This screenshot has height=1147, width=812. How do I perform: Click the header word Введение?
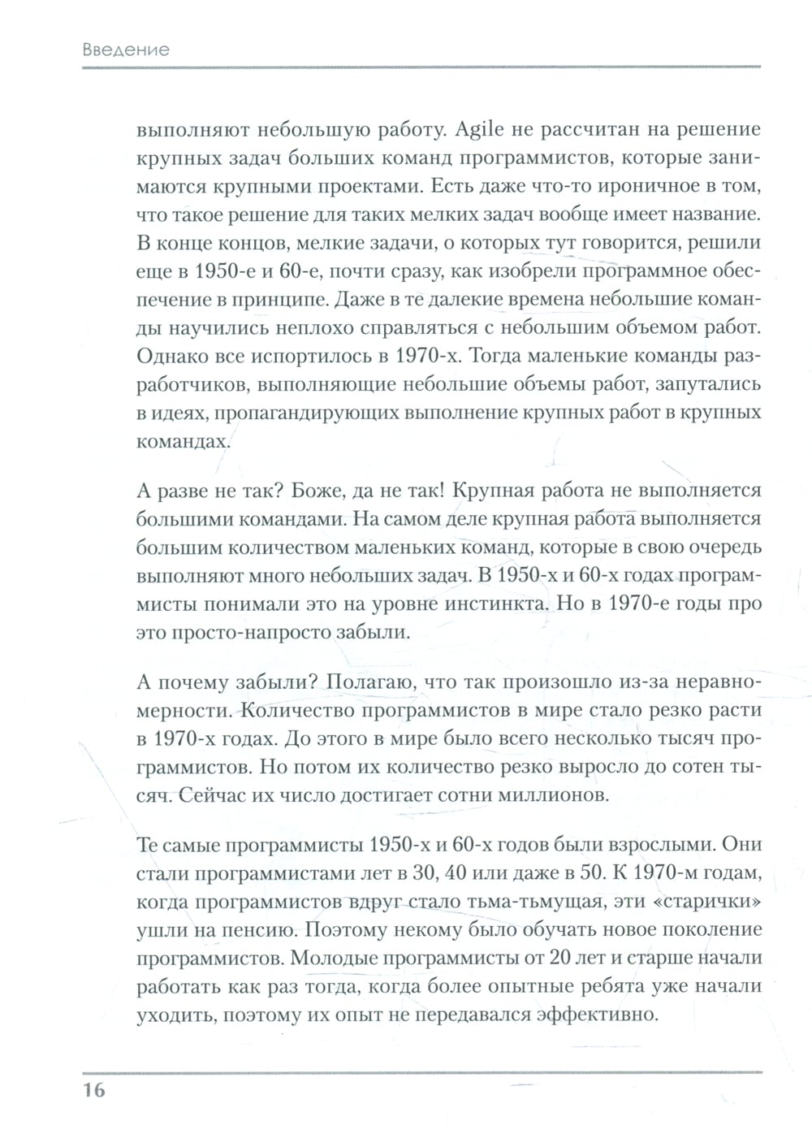point(126,50)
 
